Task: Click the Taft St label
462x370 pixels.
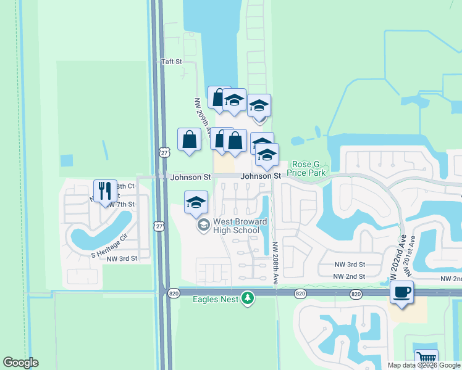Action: tap(171, 62)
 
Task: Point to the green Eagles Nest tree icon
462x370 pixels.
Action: tap(248, 298)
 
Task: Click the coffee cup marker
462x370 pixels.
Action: tap(401, 292)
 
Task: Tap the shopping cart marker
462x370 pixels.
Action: tap(426, 358)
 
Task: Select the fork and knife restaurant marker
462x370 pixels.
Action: tap(104, 190)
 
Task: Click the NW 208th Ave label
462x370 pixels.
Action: tap(275, 262)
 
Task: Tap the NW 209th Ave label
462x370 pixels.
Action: tap(203, 117)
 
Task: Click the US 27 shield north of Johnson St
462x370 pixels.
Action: tap(164, 152)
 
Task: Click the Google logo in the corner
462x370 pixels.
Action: tap(20, 363)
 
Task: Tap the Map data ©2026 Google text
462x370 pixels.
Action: tap(424, 365)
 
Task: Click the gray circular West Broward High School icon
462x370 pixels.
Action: tap(203, 226)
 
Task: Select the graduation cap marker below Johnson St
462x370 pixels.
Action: tap(196, 202)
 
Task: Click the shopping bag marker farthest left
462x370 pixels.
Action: tap(189, 139)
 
